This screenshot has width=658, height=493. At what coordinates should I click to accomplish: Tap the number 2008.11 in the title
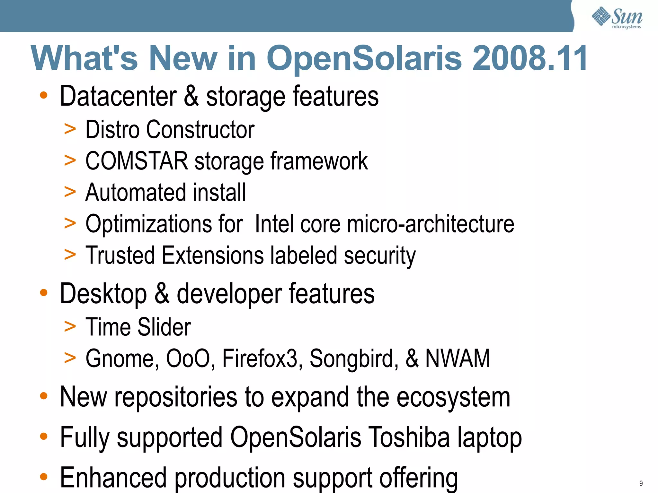[530, 58]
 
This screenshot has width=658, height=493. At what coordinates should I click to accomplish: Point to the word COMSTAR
[137, 161]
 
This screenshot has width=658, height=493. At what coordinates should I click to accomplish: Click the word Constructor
[200, 130]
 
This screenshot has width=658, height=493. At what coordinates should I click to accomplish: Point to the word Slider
[164, 327]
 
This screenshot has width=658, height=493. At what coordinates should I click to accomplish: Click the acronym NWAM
[458, 358]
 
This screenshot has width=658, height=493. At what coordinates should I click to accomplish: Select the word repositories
[176, 397]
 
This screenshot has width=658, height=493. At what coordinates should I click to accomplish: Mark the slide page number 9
[641, 483]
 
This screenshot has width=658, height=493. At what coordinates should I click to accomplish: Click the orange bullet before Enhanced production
[44, 477]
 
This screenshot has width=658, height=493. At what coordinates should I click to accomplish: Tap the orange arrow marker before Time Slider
[70, 327]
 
